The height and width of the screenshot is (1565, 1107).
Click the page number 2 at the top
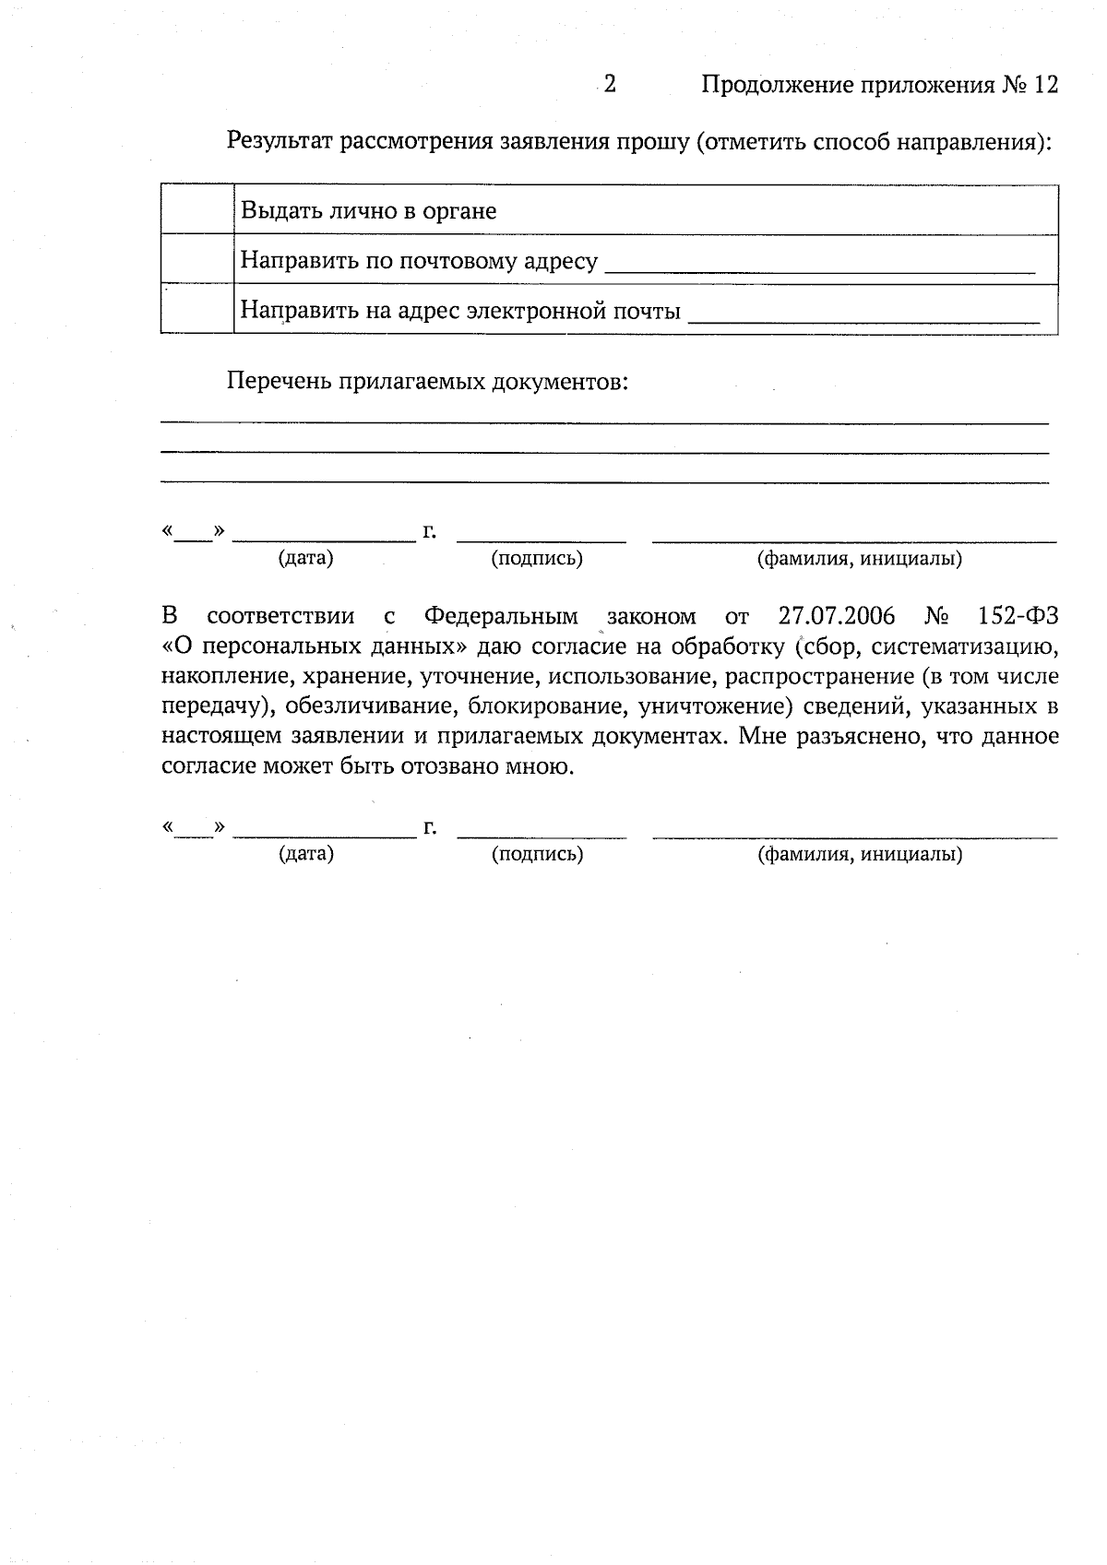point(610,85)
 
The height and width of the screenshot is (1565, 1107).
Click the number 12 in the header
point(1045,85)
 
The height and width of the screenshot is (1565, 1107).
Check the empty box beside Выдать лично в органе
point(196,210)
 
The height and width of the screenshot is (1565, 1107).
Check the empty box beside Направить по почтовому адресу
point(196,259)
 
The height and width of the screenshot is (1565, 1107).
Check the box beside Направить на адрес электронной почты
point(196,309)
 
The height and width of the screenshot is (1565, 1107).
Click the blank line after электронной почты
point(864,319)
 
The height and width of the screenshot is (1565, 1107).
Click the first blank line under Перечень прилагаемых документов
point(604,421)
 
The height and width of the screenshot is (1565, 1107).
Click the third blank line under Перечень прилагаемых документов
point(604,481)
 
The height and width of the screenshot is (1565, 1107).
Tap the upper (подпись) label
point(537,559)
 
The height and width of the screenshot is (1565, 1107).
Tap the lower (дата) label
point(306,854)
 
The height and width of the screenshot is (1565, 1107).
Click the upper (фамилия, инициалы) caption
point(859,559)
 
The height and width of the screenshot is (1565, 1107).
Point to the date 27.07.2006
point(837,616)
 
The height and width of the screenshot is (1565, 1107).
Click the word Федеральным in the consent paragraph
point(501,616)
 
